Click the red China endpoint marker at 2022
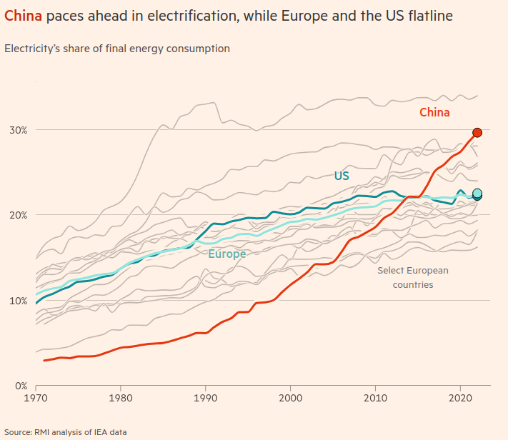[x=477, y=132]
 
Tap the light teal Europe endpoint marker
[x=477, y=193]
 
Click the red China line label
[x=434, y=112]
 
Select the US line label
[x=342, y=176]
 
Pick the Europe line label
[x=227, y=254]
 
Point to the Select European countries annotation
[x=413, y=277]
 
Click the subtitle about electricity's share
[x=117, y=49]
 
